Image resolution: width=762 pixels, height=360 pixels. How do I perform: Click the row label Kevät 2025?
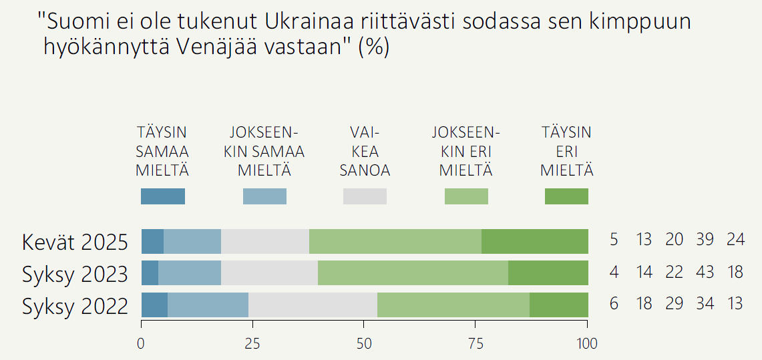click(x=75, y=242)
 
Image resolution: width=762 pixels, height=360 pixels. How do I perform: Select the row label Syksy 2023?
click(x=75, y=273)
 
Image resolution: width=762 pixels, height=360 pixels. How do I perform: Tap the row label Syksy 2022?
click(x=75, y=306)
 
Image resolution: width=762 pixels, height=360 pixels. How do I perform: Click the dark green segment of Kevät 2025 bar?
click(x=534, y=241)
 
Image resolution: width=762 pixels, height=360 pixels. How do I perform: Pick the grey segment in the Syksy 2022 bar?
click(x=313, y=305)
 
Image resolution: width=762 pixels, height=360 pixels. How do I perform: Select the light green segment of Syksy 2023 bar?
click(x=413, y=273)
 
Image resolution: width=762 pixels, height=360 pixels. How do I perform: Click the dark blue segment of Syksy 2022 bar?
click(x=154, y=305)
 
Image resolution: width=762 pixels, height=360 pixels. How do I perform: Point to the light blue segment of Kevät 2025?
click(x=192, y=241)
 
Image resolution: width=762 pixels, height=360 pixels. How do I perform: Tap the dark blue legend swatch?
click(x=163, y=196)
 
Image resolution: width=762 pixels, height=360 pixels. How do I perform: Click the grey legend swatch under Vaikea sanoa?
click(x=365, y=196)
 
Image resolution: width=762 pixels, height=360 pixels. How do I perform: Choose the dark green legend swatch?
click(x=566, y=196)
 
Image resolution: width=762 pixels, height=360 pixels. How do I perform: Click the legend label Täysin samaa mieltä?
click(x=162, y=151)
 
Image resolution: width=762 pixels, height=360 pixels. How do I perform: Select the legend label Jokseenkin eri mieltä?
click(x=465, y=151)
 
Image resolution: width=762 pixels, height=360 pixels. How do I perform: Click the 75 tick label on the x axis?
click(x=475, y=344)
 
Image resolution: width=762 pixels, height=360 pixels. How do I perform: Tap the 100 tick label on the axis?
click(x=587, y=344)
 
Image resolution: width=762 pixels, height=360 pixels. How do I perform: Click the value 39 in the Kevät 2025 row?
click(x=705, y=240)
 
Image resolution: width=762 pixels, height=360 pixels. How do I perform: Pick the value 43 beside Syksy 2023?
click(x=705, y=272)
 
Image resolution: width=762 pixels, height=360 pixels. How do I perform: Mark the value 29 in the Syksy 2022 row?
click(x=675, y=304)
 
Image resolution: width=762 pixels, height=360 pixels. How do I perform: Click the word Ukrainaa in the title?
click(x=307, y=23)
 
